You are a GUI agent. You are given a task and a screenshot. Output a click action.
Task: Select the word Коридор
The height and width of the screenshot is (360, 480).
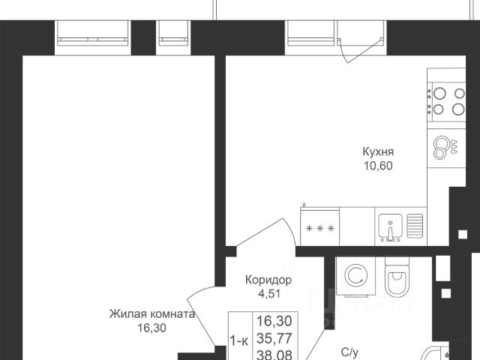[x=268, y=280]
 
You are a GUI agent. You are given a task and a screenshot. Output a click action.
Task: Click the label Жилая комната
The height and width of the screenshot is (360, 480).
[x=151, y=314]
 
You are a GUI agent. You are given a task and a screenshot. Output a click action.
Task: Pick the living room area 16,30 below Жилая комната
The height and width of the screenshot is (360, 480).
[x=151, y=328]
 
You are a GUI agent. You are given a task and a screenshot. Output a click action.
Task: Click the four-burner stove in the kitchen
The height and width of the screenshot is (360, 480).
[x=447, y=100]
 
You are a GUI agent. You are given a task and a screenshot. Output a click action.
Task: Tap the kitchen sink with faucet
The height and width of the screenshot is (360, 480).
[x=391, y=226]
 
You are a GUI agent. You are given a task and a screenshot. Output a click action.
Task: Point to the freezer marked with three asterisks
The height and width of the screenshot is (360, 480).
[x=320, y=226]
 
